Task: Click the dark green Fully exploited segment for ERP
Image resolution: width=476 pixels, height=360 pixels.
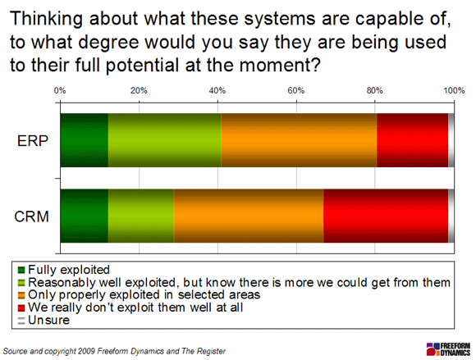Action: coord(85,140)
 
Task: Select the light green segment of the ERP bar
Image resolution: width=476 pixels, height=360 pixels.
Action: coord(164,140)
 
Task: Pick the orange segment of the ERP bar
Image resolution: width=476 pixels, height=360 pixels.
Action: coord(299,140)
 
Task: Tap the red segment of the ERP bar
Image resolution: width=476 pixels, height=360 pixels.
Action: coord(413,140)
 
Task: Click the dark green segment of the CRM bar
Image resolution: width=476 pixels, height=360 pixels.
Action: coord(85,216)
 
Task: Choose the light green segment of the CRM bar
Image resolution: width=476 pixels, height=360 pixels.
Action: coord(141,216)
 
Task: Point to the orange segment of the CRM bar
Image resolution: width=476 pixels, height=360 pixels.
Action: coord(249,216)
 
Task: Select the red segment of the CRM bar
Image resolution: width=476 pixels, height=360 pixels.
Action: coord(386,216)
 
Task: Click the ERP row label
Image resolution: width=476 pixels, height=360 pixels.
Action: coord(33,141)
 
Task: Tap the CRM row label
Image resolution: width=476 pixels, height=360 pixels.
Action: coord(31,216)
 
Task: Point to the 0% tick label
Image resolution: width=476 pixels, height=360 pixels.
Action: coord(60,90)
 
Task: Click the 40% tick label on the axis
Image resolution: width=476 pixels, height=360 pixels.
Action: coord(217,90)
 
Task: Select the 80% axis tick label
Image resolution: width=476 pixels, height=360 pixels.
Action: coord(374,90)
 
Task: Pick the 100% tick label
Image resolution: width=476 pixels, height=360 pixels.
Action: coord(454,90)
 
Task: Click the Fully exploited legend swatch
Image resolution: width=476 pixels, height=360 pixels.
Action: coord(21,270)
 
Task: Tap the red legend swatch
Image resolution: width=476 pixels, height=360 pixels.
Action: coord(21,308)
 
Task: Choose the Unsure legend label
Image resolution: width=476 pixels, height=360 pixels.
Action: coord(49,321)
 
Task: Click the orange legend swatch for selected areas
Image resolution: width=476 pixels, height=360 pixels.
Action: coord(21,295)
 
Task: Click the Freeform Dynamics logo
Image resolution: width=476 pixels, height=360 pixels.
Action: coord(448,349)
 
